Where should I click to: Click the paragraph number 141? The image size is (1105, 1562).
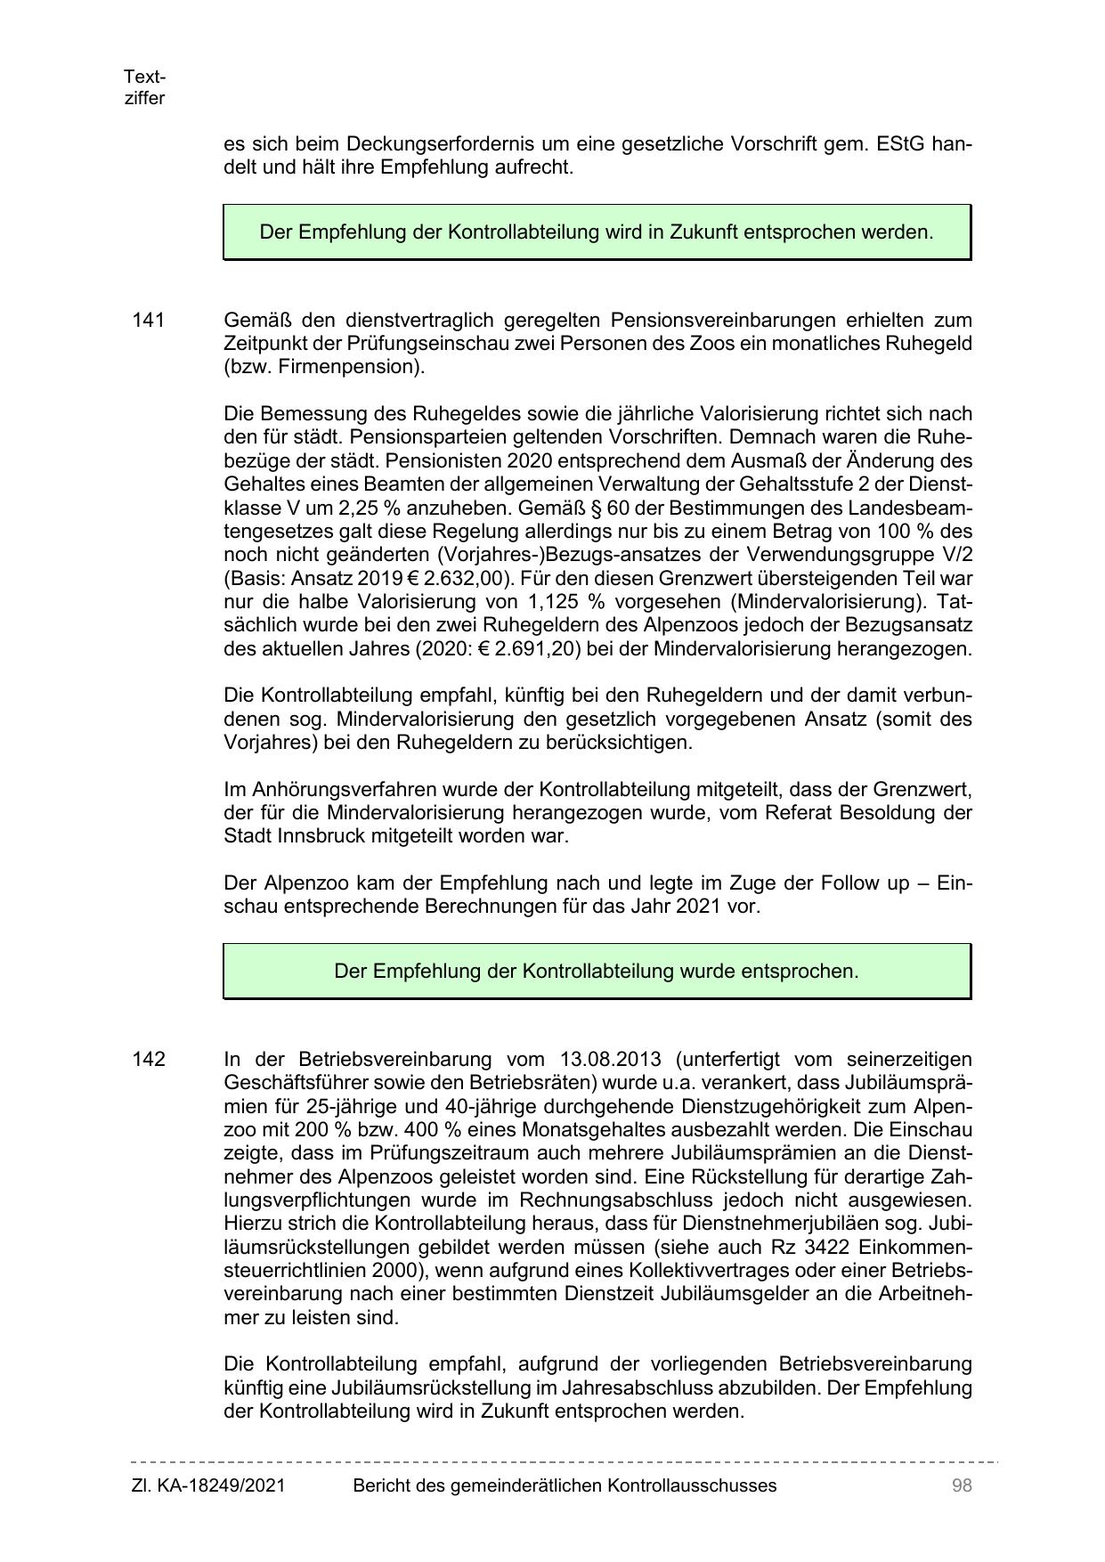coord(149,320)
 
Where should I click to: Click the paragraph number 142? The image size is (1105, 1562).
coord(149,1059)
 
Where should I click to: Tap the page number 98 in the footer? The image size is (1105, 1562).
coord(961,1485)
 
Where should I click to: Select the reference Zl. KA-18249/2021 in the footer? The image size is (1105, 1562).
coord(208,1485)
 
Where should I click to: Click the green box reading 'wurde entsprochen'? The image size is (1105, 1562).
coord(597,971)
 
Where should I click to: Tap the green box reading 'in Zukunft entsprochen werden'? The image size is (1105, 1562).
coord(597,232)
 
